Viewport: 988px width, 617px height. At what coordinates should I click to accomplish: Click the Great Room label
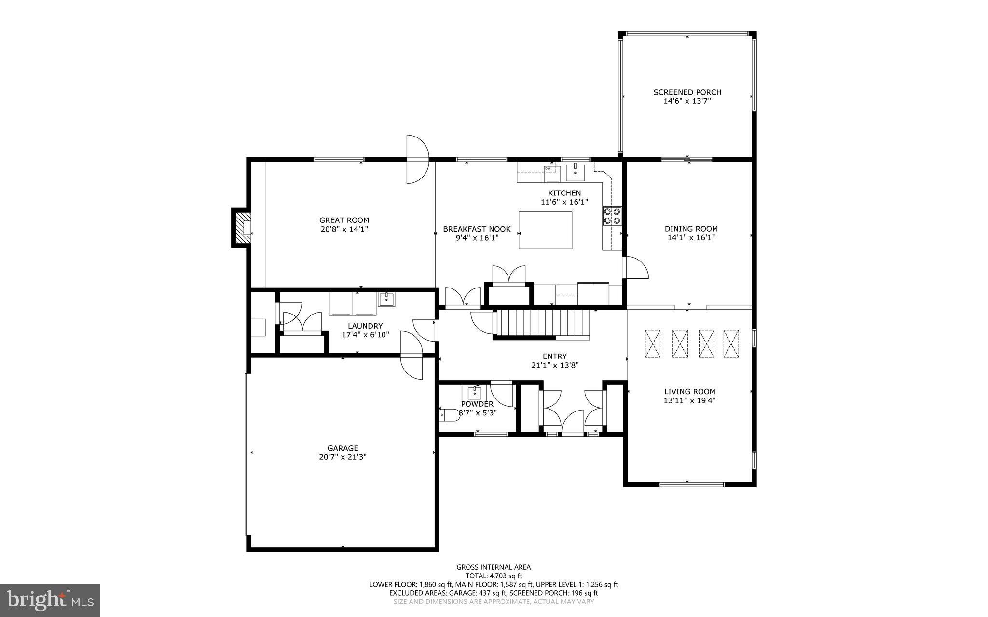tap(344, 220)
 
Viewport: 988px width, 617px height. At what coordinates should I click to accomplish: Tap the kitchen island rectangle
tap(545, 230)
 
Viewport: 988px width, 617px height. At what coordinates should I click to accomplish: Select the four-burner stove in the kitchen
tap(612, 216)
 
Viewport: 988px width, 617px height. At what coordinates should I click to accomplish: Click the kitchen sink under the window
tap(575, 172)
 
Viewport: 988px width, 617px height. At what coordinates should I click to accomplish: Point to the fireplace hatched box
tap(241, 228)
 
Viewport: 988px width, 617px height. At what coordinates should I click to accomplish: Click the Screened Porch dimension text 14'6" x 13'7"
tap(687, 101)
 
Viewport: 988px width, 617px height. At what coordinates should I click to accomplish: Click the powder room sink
tap(474, 393)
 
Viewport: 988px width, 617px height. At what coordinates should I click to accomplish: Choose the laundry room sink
tap(386, 300)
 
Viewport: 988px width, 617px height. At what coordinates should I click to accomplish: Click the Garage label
tap(343, 448)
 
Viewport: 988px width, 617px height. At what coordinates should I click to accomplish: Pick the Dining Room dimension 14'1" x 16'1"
tap(691, 237)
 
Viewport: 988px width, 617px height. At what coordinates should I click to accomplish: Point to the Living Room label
tap(689, 392)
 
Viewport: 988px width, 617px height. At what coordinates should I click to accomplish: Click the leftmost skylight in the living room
tap(653, 343)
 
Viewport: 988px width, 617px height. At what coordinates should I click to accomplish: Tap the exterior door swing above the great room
tap(417, 159)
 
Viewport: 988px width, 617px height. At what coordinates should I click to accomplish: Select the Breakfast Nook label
tap(477, 229)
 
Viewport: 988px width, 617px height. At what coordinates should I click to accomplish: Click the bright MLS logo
tap(50, 600)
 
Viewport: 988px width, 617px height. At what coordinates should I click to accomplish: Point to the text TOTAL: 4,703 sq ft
tap(494, 576)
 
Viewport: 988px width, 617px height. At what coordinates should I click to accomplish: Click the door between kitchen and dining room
tap(636, 268)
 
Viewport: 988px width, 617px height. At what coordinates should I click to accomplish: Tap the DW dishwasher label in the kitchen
tap(548, 168)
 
